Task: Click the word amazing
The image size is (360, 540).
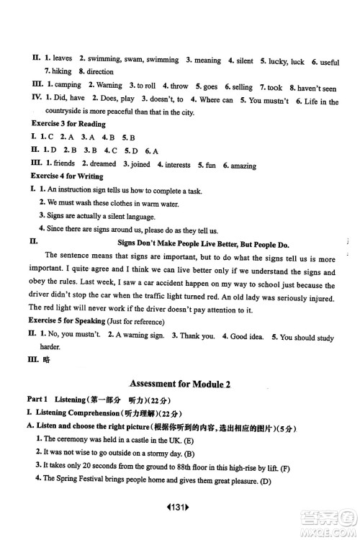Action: point(243,166)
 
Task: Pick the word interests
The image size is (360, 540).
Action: point(178,165)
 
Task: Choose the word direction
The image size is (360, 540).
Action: point(101,72)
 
